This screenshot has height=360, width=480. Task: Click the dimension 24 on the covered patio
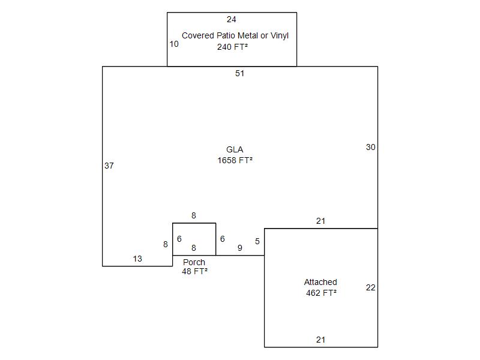232,20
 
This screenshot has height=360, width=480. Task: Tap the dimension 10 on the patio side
174,44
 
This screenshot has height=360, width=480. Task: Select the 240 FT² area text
232,47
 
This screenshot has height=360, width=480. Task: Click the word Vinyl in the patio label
280,36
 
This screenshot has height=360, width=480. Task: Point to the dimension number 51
239,73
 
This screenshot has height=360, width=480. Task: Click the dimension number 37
109,166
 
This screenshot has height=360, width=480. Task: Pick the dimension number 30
371,147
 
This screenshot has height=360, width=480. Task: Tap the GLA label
235,149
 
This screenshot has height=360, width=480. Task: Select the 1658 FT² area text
235,160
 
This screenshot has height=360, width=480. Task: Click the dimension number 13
137,259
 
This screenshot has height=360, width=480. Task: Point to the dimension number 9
240,248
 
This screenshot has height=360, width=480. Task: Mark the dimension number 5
257,241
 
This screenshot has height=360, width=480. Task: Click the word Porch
194,262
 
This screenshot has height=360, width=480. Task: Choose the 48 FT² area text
194,271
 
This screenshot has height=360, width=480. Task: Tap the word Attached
320,282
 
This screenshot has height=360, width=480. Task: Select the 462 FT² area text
322,293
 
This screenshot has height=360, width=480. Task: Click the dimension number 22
371,287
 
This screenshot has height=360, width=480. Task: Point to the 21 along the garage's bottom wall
321,340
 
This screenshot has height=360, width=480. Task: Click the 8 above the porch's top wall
194,215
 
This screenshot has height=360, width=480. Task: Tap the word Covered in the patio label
198,35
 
